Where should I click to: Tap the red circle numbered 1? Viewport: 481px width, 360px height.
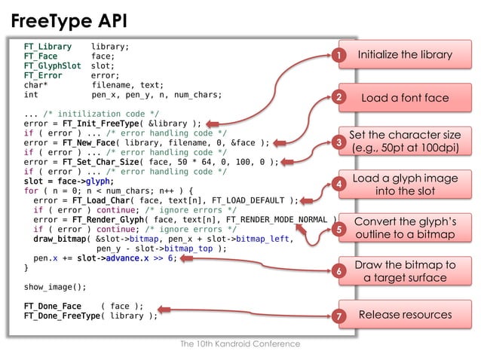tap(339, 56)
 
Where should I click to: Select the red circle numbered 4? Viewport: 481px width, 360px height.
tap(339, 184)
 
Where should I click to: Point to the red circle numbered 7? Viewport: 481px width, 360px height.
tap(339, 316)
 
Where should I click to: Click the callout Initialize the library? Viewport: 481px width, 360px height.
tap(404, 55)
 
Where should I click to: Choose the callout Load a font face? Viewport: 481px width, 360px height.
tap(404, 98)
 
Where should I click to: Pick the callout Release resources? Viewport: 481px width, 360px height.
tap(404, 315)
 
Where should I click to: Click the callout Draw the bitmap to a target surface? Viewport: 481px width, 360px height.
tap(404, 271)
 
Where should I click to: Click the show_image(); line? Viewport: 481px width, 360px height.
tap(55, 287)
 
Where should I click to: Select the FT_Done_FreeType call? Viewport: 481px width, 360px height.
tap(60, 316)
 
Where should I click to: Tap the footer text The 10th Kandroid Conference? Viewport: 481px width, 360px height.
tap(240, 343)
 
